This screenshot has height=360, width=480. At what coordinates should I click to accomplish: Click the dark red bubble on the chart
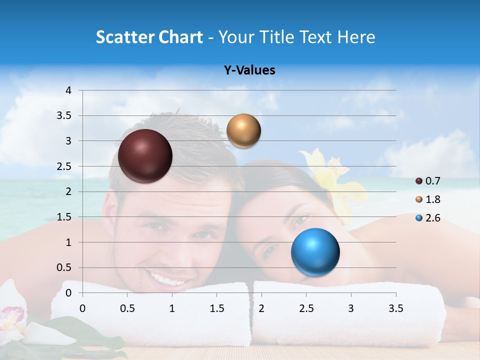145,156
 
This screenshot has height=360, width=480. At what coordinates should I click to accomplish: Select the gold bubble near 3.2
243,131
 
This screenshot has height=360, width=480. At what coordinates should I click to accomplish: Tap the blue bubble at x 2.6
315,252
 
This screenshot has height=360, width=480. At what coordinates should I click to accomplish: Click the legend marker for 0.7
419,181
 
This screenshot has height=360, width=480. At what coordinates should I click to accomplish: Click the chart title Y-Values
249,70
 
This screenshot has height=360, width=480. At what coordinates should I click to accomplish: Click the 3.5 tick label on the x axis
395,308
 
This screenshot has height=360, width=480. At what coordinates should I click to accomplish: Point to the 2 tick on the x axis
261,308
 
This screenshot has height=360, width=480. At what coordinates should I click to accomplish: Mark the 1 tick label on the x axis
172,308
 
